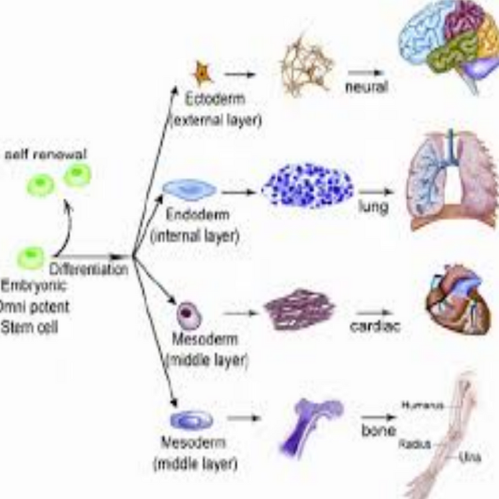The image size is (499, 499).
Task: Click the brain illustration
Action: click(x=448, y=42)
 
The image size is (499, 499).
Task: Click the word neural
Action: click(x=366, y=86)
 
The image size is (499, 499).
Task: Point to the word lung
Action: click(x=373, y=207)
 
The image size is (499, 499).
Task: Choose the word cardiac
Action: click(x=375, y=326)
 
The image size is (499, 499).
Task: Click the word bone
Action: click(x=378, y=430)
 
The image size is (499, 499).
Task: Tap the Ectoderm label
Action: click(x=214, y=100)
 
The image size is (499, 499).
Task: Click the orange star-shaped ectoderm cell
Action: click(x=202, y=74)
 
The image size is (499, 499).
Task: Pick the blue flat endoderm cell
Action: click(x=189, y=190)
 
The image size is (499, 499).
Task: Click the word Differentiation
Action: click(x=89, y=269)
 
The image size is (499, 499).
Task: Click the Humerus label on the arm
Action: click(x=422, y=405)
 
